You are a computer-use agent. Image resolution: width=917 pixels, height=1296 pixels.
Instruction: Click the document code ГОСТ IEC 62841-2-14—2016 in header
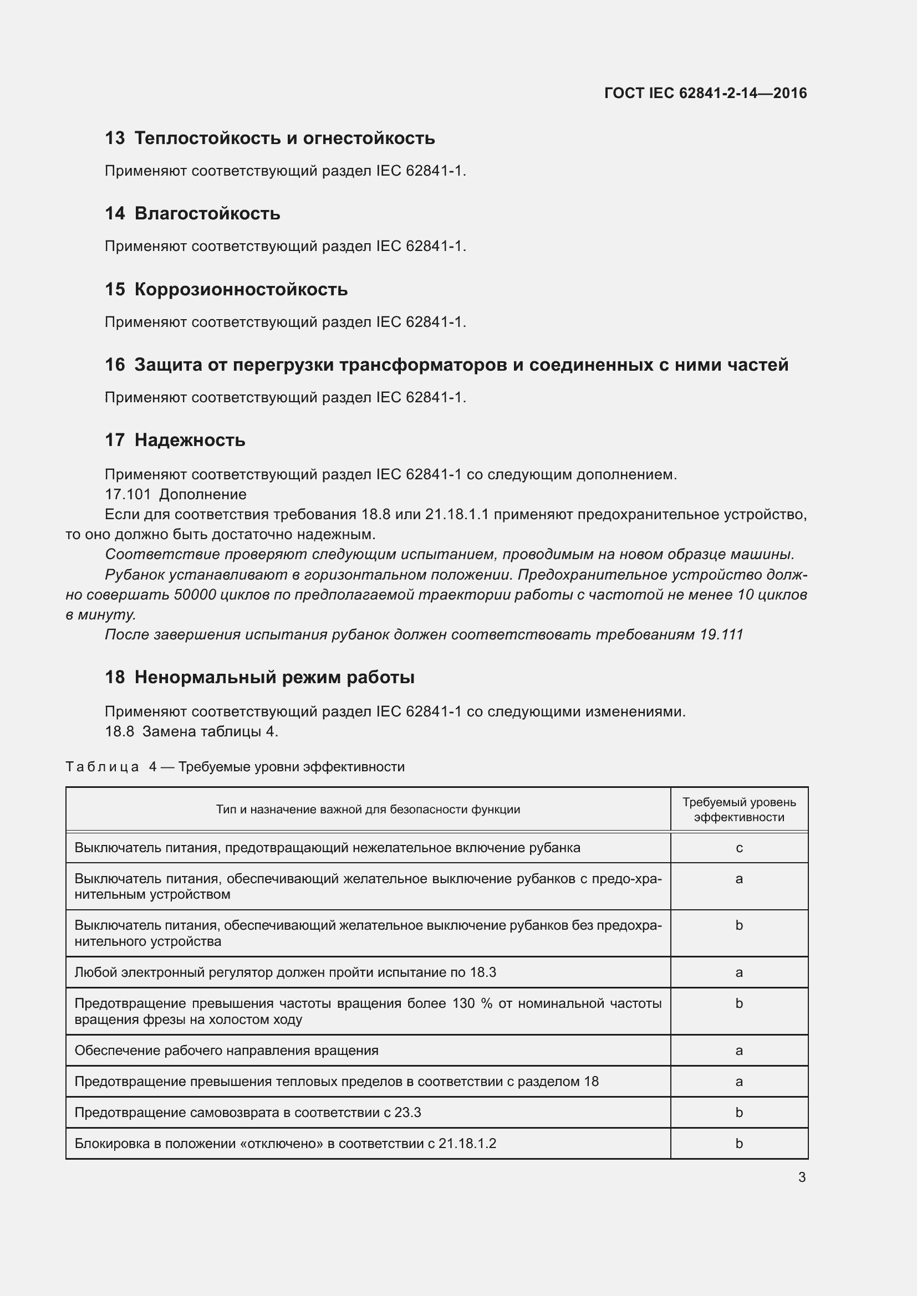705,93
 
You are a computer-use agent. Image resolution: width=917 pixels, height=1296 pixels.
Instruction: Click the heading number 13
115,139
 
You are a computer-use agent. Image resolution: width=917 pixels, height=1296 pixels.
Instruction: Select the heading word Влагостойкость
207,214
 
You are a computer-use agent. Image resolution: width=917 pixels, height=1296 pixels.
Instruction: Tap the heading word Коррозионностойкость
241,290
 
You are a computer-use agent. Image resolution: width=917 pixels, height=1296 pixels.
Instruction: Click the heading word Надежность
190,440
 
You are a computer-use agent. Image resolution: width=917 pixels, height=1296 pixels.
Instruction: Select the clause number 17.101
128,494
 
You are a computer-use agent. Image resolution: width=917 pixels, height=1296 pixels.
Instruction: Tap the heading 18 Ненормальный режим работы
259,677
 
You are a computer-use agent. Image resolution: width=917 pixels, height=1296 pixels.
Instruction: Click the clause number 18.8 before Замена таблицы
119,731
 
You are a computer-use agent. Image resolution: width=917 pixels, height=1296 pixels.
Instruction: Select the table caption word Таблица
102,767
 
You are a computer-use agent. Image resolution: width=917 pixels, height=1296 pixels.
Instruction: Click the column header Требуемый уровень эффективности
738,810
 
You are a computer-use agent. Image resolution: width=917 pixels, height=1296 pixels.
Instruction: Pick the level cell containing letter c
738,848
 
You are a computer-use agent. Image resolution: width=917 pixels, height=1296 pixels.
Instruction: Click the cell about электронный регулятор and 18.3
285,972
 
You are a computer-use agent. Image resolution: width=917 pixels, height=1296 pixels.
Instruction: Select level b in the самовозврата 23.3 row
738,1113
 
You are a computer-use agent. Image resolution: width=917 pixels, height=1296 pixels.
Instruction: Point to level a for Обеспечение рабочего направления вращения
738,1051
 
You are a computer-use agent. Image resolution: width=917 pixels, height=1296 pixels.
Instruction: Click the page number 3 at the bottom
802,1177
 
